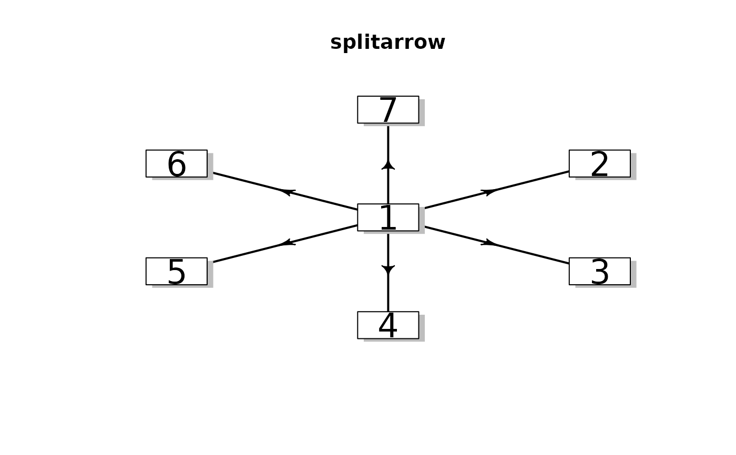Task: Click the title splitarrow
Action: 387,43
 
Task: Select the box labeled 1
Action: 388,217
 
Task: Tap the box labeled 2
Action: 599,163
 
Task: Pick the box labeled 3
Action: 599,271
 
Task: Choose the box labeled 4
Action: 388,325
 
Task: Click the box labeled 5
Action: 176,271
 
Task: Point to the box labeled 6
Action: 176,163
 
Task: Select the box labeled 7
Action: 388,109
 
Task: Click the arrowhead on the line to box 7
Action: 388,165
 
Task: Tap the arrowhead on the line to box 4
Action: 388,270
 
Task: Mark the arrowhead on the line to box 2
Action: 489,192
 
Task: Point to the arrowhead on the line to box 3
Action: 489,243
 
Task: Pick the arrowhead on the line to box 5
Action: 287,243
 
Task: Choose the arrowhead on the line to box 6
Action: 287,192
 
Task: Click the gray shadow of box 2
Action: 633,167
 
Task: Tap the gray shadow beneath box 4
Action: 394,340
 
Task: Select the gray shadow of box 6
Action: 210,167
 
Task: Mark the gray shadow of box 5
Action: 210,275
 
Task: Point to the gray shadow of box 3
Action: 633,275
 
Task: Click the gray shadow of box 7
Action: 422,113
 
